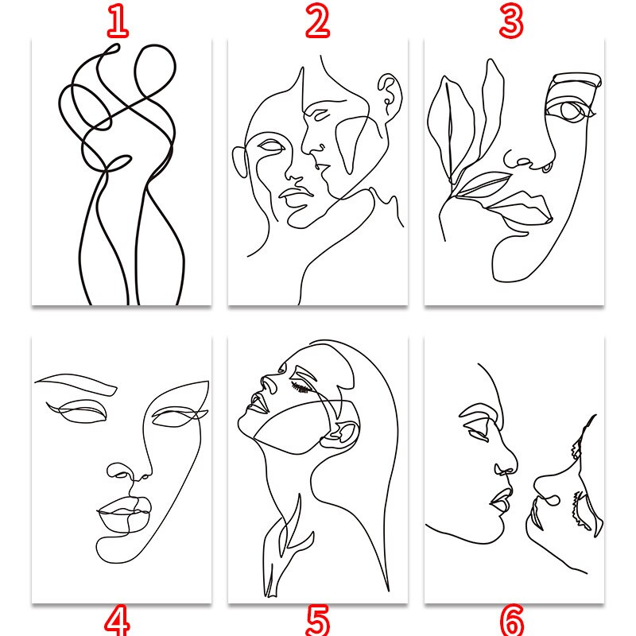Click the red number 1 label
[x=118, y=22]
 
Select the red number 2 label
[x=317, y=22]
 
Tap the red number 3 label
[x=511, y=22]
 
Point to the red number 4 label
[x=118, y=620]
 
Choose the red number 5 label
[x=317, y=620]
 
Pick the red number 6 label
[x=512, y=620]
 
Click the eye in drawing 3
[x=571, y=111]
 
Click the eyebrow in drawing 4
[x=76, y=384]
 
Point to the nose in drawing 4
[x=129, y=473]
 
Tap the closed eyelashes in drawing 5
[x=301, y=387]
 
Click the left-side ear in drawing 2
[x=239, y=162]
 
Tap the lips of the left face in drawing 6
[x=501, y=501]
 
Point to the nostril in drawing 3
[x=547, y=166]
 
